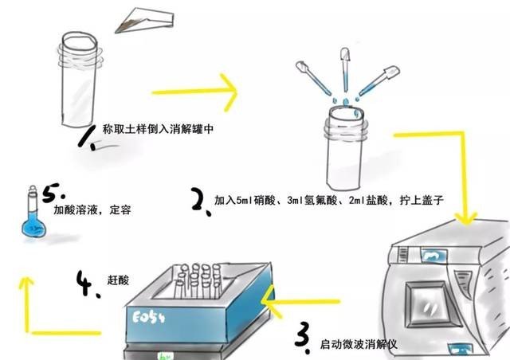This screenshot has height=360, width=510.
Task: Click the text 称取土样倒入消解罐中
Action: (159, 128)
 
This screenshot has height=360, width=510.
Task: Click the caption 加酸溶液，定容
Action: (92, 211)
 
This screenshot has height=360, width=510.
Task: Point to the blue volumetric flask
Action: (33, 220)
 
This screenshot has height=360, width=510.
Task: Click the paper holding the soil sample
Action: (147, 22)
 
